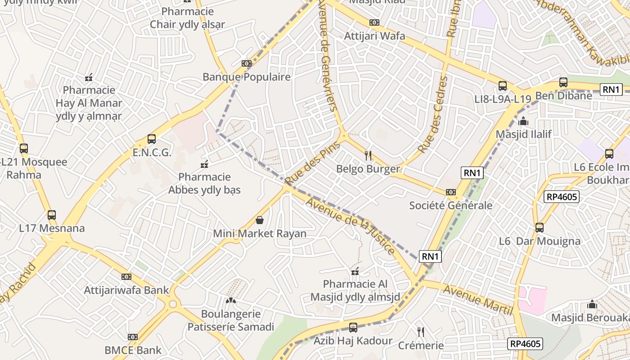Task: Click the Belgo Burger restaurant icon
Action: (368, 156)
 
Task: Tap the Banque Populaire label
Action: (246, 77)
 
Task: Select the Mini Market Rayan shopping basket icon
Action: (259, 220)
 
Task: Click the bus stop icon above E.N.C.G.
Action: (152, 139)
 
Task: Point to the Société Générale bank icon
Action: (450, 192)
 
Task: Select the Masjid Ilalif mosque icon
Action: (523, 121)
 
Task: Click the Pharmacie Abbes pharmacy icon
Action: (204, 163)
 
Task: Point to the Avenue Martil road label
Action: (478, 300)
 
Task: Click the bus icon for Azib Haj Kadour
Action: (353, 327)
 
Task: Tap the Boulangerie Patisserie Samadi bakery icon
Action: (230, 300)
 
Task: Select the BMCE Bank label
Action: (133, 350)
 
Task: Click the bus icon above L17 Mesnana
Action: (52, 215)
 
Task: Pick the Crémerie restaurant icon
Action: (421, 332)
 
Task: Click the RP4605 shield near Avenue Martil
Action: (525, 344)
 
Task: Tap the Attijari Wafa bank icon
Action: (374, 22)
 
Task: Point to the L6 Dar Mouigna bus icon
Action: (540, 228)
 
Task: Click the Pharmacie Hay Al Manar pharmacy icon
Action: (89, 77)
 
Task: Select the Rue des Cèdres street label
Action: (433, 115)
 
